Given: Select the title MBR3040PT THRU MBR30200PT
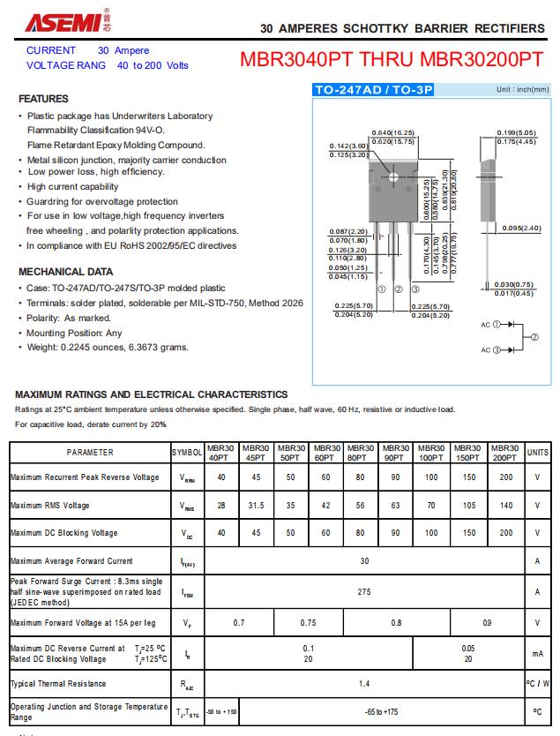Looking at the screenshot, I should pyautogui.click(x=392, y=60).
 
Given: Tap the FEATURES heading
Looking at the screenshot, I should pyautogui.click(x=43, y=99).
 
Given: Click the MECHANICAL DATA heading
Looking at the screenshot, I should pyautogui.click(x=66, y=272).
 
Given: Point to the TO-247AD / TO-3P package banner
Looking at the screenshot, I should pyautogui.click(x=375, y=90).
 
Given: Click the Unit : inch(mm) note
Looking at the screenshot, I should pyautogui.click(x=522, y=90).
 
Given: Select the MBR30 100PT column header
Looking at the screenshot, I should pyautogui.click(x=431, y=453).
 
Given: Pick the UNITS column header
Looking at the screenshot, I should pyautogui.click(x=537, y=453).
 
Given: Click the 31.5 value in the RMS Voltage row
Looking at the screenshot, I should pyautogui.click(x=256, y=506).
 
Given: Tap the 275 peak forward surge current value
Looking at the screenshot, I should pyautogui.click(x=364, y=592).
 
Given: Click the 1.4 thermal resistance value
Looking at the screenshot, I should pyautogui.click(x=364, y=684).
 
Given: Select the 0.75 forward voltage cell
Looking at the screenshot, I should pyautogui.click(x=308, y=623).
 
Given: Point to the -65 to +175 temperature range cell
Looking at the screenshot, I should pyautogui.click(x=381, y=711).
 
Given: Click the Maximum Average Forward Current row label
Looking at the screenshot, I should pyautogui.click(x=71, y=561).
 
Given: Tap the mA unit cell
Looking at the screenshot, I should pyautogui.click(x=537, y=654).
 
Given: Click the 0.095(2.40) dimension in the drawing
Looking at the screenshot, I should pyautogui.click(x=521, y=229).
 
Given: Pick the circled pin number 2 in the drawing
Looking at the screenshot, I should pyautogui.click(x=398, y=289).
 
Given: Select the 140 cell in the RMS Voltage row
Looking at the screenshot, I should pyautogui.click(x=505, y=506).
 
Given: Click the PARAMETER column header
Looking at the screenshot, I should pyautogui.click(x=90, y=453).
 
